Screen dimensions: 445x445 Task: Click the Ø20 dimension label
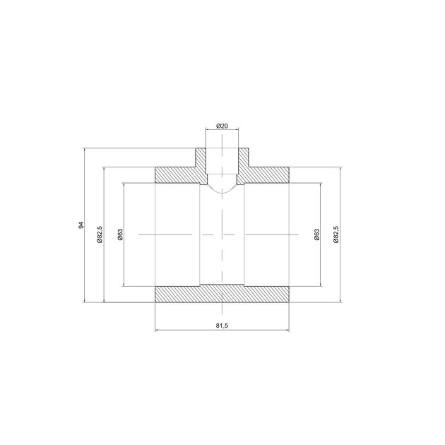222,126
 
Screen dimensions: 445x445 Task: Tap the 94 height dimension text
81,225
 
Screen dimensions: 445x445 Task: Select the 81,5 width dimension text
222,326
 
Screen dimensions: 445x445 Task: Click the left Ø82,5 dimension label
100,235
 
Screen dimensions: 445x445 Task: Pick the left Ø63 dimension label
120,235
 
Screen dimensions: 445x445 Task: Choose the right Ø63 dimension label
316,235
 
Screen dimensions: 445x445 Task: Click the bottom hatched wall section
222,294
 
